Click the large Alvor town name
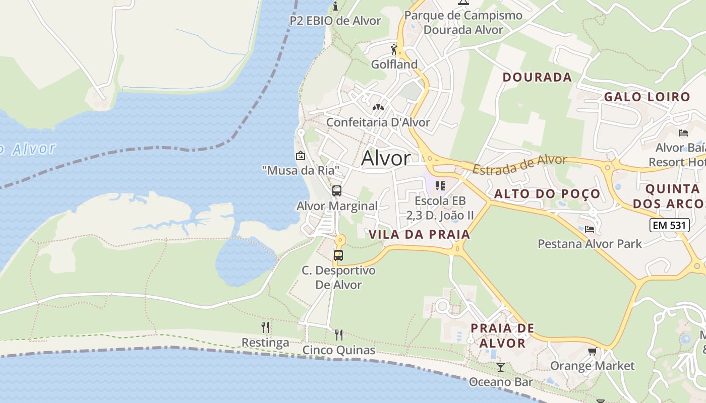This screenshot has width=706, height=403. [386, 158]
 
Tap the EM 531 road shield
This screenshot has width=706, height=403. [669, 225]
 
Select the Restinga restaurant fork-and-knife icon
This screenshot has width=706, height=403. [265, 327]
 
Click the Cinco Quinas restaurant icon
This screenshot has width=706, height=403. [339, 334]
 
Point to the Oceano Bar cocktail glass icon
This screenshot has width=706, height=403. [500, 367]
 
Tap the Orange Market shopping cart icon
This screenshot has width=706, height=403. [592, 351]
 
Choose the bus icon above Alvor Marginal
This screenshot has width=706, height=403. [337, 191]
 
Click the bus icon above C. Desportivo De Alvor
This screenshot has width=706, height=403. [338, 255]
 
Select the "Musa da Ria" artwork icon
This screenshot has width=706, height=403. [301, 155]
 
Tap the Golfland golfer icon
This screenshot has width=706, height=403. [394, 49]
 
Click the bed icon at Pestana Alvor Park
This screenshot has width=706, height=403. [590, 229]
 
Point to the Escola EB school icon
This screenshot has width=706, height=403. [440, 185]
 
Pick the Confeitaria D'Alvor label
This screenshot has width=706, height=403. [378, 122]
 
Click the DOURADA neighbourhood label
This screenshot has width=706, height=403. [537, 77]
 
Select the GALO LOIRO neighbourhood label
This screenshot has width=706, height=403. [647, 97]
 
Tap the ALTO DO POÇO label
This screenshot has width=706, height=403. [547, 194]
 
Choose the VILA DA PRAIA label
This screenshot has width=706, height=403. [419, 234]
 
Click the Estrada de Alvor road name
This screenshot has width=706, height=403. [519, 164]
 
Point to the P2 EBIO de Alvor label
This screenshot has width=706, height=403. [335, 21]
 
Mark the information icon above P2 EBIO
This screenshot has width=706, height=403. [335, 6]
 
